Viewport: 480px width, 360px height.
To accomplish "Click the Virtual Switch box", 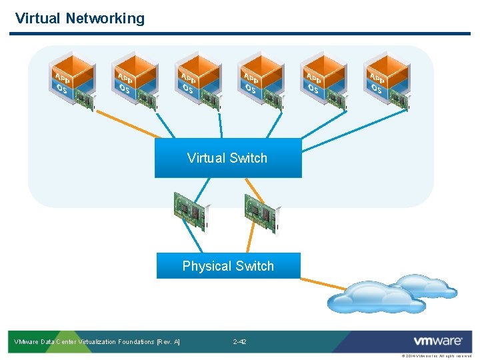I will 228,158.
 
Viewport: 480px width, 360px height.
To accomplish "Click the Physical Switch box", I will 228,266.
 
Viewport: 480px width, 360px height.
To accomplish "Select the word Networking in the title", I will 105,18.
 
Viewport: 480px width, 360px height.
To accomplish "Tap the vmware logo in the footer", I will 437,341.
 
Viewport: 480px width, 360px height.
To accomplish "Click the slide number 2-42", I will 239,342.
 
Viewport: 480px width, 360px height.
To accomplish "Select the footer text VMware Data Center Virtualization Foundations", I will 97,342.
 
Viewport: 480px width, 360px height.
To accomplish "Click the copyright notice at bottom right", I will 437,356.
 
